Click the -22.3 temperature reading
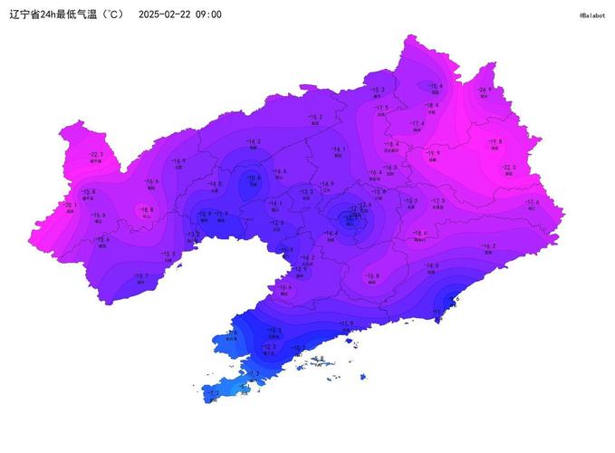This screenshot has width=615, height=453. [96, 155]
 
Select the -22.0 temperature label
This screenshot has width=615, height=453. [509, 168]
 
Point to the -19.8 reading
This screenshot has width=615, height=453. [495, 141]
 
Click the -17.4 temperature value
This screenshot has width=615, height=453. [418, 123]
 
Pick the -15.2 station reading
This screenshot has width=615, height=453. [315, 117]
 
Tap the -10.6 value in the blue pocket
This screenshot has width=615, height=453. [255, 178]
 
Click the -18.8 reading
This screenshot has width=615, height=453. [147, 209]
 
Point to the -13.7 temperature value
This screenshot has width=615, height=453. [141, 275]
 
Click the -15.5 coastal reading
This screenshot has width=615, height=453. [168, 254]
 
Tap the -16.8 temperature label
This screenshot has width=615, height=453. [372, 275]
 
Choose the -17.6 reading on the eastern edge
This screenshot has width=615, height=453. [532, 202]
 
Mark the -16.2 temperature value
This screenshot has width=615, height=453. [488, 246]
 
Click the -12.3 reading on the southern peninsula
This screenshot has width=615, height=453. [270, 346]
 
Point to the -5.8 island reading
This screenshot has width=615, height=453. [319, 359]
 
